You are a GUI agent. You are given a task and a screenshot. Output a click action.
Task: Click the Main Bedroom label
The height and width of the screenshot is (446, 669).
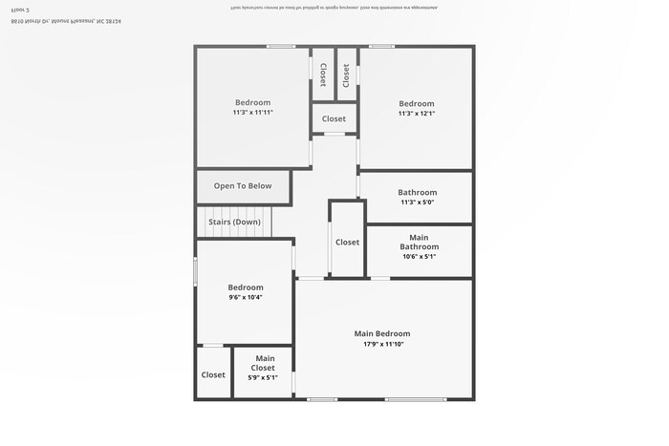[x=381, y=333]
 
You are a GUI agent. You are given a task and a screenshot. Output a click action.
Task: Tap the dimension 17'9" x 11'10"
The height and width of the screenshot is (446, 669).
[x=383, y=344]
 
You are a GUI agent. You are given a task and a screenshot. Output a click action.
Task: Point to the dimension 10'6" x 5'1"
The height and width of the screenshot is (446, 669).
[x=419, y=256]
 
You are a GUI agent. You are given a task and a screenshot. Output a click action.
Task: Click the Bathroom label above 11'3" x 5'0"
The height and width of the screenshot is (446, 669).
[x=417, y=192]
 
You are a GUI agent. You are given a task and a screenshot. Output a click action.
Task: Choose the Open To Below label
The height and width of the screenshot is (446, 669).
[x=243, y=186]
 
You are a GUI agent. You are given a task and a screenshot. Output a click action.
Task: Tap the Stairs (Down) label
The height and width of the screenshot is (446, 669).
[x=234, y=222]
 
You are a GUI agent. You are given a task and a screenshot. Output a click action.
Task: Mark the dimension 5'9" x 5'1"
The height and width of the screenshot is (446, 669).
[x=263, y=377]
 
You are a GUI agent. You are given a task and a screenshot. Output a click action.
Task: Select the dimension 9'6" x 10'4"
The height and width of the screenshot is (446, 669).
[x=246, y=297]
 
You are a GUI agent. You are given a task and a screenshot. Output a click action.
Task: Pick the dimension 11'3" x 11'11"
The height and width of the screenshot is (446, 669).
[x=253, y=113]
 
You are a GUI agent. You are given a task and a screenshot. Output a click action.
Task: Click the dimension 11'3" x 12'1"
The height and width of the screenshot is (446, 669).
[x=417, y=114]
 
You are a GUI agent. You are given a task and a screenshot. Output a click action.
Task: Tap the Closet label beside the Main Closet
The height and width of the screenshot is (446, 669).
[x=213, y=375]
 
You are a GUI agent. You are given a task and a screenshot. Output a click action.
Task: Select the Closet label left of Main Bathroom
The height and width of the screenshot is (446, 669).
[x=347, y=243]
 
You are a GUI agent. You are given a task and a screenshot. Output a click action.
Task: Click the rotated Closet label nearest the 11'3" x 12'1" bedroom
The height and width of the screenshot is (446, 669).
[x=346, y=75]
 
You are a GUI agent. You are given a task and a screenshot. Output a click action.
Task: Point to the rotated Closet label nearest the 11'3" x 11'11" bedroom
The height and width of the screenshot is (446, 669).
[x=323, y=75]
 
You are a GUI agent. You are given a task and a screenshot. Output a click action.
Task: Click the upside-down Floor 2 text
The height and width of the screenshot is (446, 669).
[x=20, y=9]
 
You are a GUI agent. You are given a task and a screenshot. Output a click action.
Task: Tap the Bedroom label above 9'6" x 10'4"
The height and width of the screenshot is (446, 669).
[x=246, y=287]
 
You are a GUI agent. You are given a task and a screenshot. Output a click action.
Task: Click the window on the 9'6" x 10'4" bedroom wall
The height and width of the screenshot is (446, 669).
[x=196, y=272]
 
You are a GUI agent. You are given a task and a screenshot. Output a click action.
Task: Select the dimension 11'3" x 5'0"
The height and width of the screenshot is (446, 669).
[x=417, y=202]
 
